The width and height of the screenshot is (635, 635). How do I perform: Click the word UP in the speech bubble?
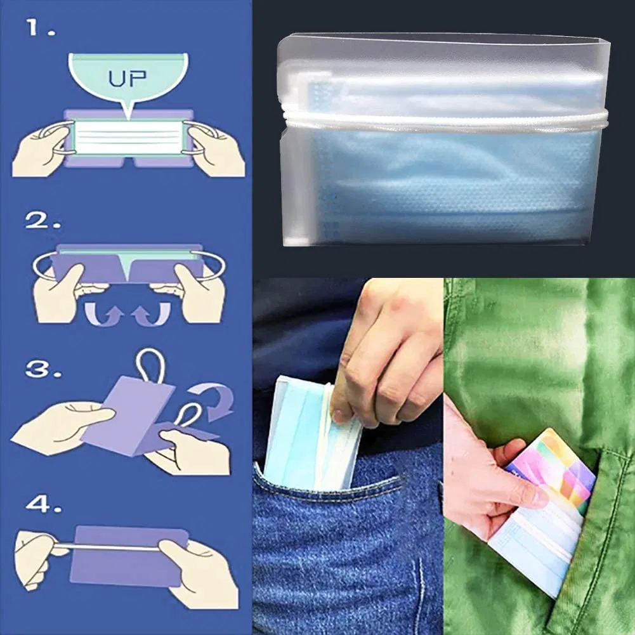coord(128,79)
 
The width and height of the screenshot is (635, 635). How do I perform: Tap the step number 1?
coord(40,28)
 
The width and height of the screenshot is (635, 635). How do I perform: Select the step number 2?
coord(43,221)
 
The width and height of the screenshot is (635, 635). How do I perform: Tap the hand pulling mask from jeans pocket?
coord(387,355)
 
